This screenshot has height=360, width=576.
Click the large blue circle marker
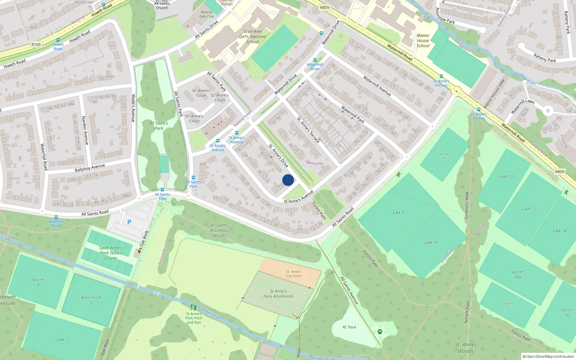288,180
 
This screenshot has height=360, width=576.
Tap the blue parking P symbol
129,222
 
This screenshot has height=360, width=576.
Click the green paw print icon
379,331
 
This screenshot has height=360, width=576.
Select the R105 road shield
36,45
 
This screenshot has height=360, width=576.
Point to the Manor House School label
423,41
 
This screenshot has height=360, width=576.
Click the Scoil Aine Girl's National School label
253,36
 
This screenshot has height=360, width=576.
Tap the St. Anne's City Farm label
294,274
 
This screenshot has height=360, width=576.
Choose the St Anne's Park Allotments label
278,294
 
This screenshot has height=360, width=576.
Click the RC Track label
349,327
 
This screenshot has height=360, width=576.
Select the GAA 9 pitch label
398,213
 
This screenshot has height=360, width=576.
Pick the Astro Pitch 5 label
91,300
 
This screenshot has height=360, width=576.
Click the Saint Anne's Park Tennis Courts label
111,253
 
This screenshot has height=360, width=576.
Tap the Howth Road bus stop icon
58,40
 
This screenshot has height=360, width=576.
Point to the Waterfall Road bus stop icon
56,217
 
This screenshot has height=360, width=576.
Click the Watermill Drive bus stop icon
315,60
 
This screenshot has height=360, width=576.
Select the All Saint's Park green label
159,126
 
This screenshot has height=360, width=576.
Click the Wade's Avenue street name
133,108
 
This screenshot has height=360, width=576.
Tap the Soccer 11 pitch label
444,156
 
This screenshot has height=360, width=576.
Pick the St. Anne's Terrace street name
308,130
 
